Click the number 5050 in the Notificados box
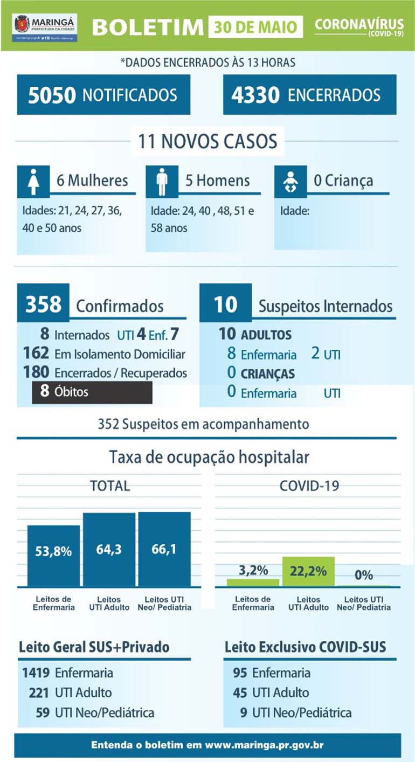(52, 95)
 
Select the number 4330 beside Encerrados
(255, 95)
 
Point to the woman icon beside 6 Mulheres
(33, 181)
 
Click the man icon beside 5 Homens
(162, 181)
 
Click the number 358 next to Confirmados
(43, 304)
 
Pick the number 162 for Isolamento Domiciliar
(38, 354)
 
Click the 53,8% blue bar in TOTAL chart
(54, 555)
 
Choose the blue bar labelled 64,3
(109, 550)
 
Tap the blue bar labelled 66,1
(164, 549)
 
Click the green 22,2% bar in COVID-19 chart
(308, 571)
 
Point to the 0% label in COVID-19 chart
(364, 575)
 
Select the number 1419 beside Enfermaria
(37, 673)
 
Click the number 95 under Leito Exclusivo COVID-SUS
(240, 673)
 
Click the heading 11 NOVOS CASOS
(207, 141)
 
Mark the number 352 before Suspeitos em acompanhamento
(108, 424)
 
